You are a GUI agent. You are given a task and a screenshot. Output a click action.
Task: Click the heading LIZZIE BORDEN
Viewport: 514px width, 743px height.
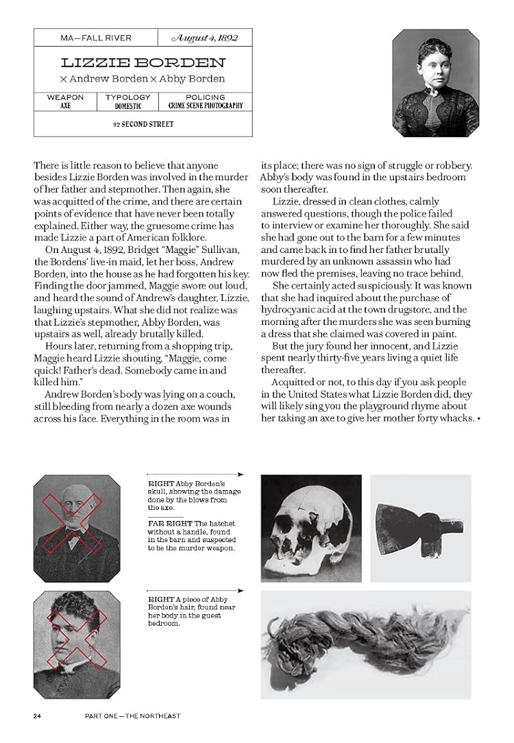143,62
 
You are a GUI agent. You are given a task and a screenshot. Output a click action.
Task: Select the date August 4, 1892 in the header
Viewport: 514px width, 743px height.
205,37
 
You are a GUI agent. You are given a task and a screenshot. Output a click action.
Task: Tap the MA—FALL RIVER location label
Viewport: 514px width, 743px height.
95,38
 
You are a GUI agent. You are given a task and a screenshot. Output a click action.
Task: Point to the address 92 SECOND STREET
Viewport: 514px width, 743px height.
143,125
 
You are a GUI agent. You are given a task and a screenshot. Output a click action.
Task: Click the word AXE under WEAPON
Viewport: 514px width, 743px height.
65,106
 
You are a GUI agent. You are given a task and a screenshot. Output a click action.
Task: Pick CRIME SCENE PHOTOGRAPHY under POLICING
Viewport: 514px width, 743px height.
206,106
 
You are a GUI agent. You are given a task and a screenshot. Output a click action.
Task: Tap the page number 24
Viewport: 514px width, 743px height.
38,716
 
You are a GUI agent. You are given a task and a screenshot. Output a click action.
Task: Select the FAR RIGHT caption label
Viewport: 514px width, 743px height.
164,523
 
